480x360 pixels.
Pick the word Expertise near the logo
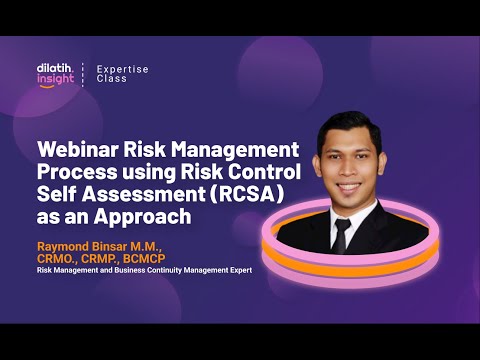(x=122, y=68)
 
